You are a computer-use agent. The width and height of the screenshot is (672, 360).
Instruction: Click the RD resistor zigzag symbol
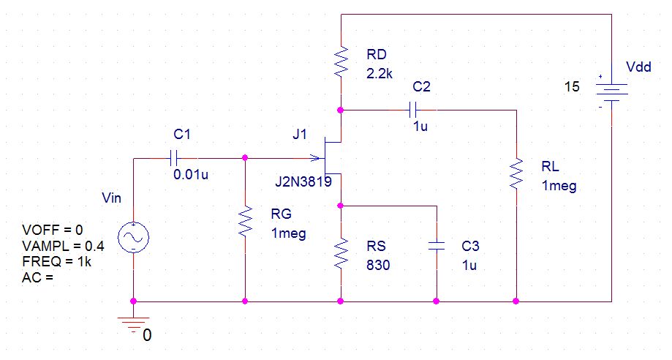(341, 62)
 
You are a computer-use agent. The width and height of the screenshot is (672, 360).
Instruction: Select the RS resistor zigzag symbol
(341, 254)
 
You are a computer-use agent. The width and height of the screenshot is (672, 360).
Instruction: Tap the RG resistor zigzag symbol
(245, 221)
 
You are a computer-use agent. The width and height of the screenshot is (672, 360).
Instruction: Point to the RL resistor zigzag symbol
(516, 173)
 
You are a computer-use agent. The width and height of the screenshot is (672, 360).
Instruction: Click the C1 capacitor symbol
(173, 158)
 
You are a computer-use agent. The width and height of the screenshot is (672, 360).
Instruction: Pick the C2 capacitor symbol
(413, 110)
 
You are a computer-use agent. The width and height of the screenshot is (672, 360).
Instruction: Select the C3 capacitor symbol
(437, 246)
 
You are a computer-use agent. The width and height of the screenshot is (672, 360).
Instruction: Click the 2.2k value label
(380, 74)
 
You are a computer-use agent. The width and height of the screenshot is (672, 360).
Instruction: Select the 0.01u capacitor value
(191, 175)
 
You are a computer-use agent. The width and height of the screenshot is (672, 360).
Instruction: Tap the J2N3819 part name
(303, 182)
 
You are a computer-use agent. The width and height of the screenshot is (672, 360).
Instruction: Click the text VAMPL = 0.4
(63, 246)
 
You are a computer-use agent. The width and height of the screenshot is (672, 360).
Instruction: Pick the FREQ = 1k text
(56, 262)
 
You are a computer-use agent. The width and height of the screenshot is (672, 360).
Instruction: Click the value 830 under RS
(378, 265)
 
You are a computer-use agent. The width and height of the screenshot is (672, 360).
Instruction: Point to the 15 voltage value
(572, 86)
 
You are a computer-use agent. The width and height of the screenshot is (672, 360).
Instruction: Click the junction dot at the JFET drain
(341, 110)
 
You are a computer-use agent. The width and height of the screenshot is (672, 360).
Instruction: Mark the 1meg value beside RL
(559, 187)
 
